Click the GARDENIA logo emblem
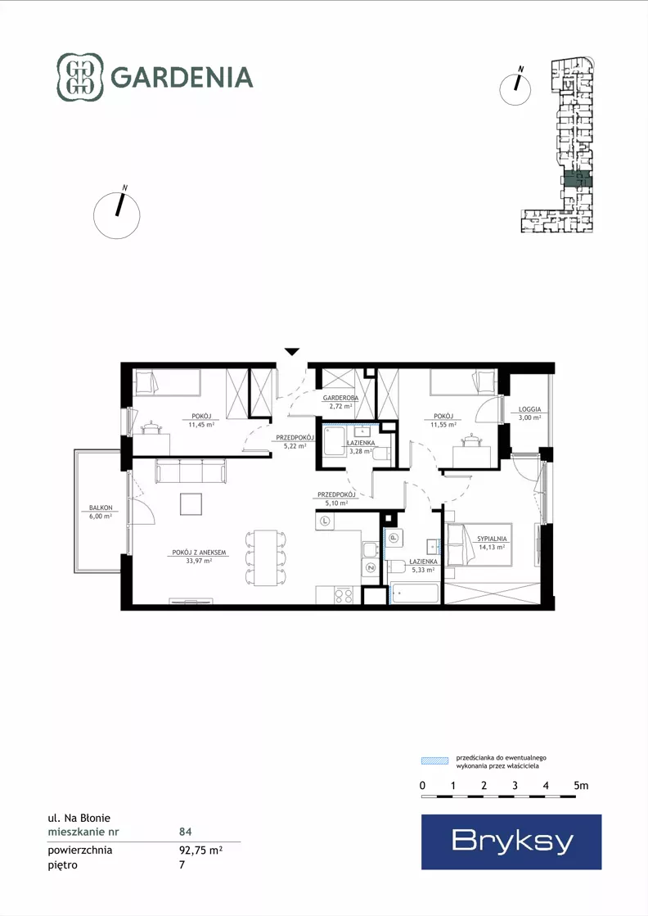click(x=80, y=77)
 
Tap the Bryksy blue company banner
click(x=511, y=842)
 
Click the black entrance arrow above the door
click(x=292, y=352)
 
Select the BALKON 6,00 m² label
click(x=101, y=512)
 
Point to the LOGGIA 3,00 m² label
click(x=529, y=413)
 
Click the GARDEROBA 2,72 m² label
click(x=340, y=401)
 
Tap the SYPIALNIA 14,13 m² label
click(x=492, y=543)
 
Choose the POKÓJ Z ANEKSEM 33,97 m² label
click(x=199, y=556)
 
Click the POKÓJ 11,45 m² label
click(x=200, y=420)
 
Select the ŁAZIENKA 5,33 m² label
click(x=423, y=565)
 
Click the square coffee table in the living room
click(x=191, y=504)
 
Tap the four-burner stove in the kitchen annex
click(x=344, y=595)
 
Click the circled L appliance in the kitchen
click(x=325, y=521)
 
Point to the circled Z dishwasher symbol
click(x=370, y=566)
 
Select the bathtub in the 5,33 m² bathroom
click(x=415, y=593)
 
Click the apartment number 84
click(x=186, y=832)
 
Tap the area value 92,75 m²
click(x=200, y=850)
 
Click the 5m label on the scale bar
click(x=581, y=785)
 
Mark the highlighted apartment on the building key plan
click(x=578, y=180)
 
